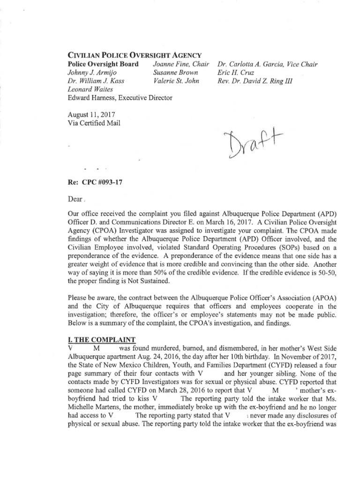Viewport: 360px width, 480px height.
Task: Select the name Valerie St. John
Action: point(176,81)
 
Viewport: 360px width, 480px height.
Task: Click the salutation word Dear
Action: point(76,198)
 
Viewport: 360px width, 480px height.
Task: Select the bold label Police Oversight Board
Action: point(103,64)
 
